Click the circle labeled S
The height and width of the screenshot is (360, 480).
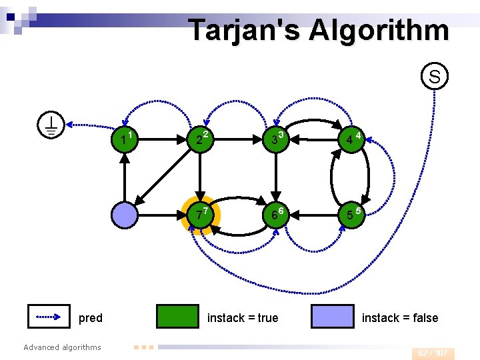point(434,77)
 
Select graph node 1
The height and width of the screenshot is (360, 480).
point(125,140)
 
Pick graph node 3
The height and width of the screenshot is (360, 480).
point(275,140)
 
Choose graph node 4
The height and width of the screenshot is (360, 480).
point(350,140)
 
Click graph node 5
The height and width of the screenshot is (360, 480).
point(350,215)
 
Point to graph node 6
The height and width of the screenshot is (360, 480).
point(275,215)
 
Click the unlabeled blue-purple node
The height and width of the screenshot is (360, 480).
point(125,215)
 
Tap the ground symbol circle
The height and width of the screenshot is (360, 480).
point(51,125)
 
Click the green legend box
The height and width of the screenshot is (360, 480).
point(177,317)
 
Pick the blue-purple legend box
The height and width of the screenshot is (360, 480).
point(333,317)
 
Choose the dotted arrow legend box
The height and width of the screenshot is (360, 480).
point(49,317)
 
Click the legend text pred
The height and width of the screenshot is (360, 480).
point(91,318)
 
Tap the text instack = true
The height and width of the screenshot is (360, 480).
point(243,318)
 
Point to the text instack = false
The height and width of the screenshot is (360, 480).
point(400,318)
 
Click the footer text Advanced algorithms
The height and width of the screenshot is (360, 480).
point(62,347)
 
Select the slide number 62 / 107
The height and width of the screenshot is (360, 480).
point(433,353)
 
